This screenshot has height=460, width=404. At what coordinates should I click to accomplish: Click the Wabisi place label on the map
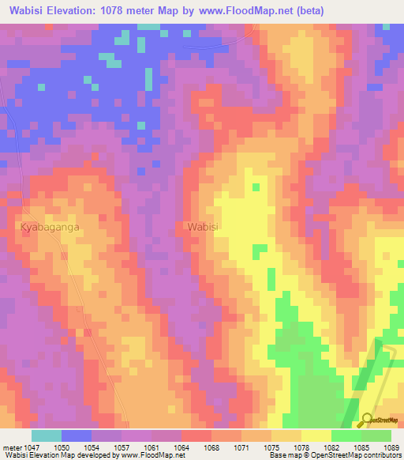(x=203, y=226)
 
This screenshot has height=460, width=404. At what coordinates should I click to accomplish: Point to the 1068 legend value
(x=212, y=447)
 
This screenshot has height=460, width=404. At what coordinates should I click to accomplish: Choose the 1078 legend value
(x=302, y=447)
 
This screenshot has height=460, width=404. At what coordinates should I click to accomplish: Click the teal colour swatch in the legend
(x=47, y=435)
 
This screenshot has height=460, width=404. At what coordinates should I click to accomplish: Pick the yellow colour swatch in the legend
(x=316, y=435)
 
